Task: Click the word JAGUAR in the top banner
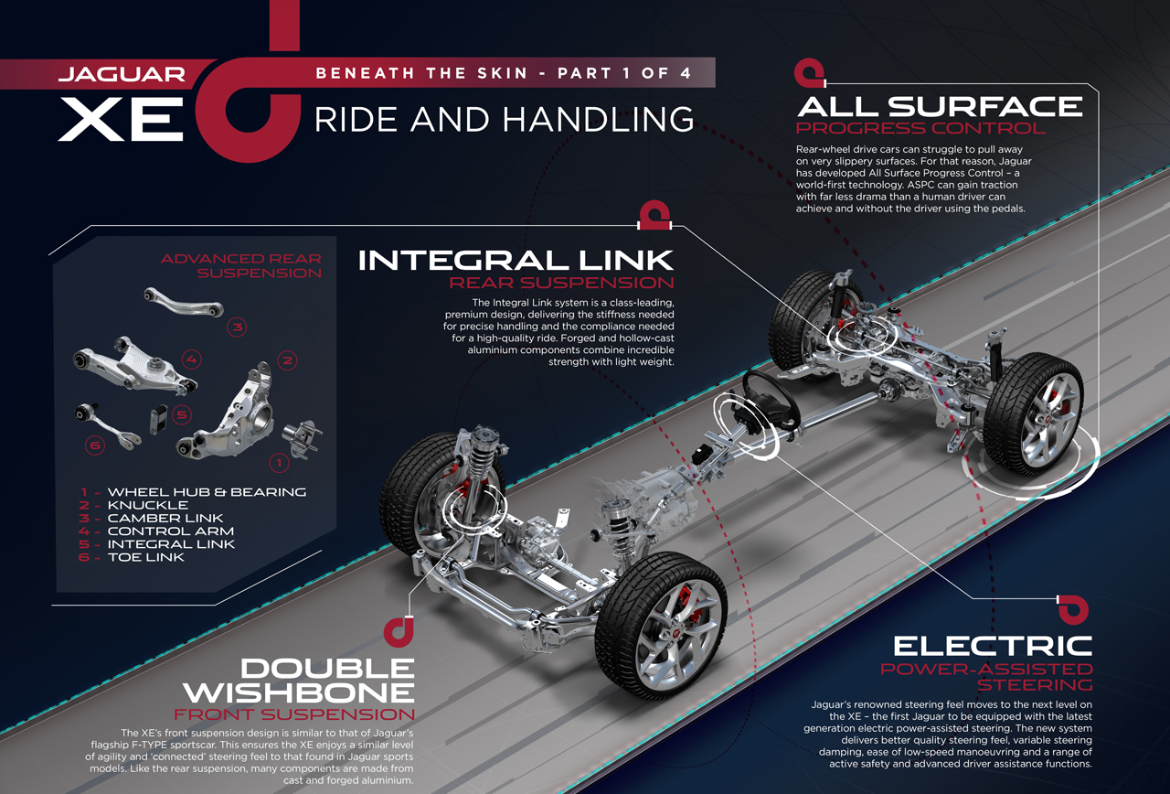(122, 74)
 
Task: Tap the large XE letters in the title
(121, 119)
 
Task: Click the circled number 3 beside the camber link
(237, 327)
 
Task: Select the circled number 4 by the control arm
(192, 359)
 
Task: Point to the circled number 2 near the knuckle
(287, 360)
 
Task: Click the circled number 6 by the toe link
(95, 445)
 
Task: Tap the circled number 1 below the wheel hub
(279, 463)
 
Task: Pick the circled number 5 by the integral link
(182, 415)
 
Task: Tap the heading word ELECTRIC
(993, 647)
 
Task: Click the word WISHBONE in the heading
(299, 692)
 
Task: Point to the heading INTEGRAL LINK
(516, 261)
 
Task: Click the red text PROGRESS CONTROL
(920, 128)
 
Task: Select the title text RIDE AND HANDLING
(504, 120)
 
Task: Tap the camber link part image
(184, 301)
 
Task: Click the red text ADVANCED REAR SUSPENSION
(240, 265)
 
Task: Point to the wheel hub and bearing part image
(302, 437)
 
